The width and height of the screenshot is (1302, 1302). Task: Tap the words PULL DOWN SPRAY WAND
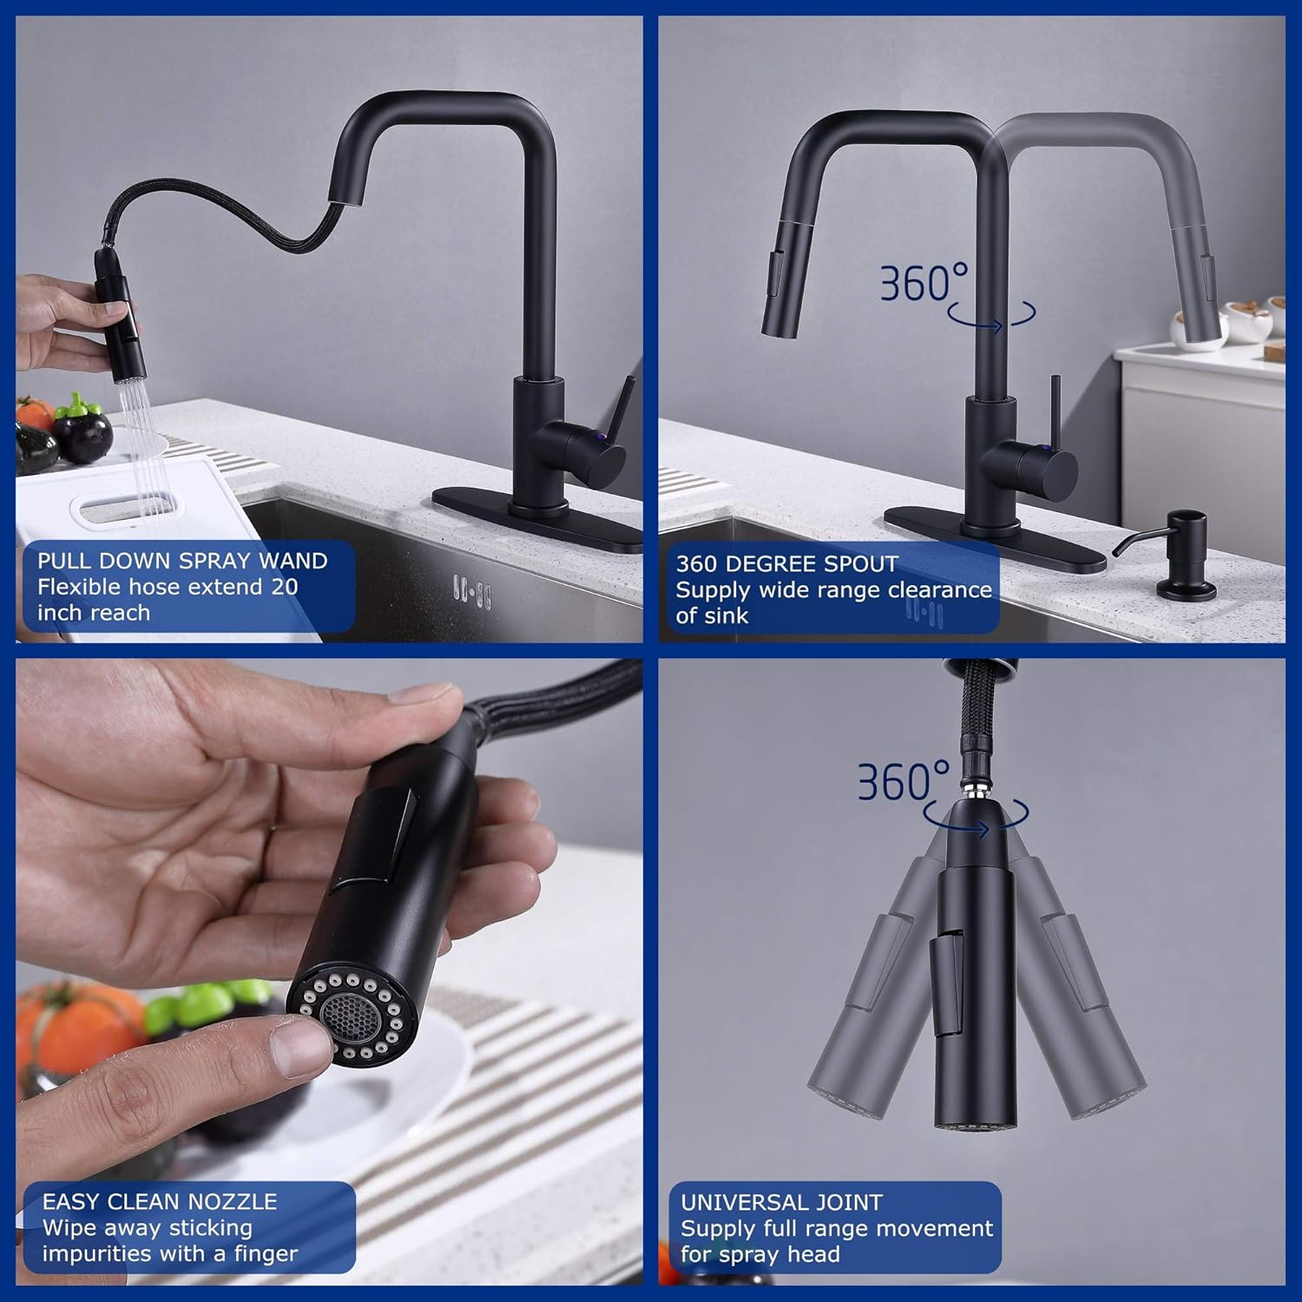pos(182,561)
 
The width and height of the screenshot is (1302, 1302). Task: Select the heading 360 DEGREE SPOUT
pos(786,564)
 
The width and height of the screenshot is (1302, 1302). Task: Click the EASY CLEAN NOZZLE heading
pos(160,1201)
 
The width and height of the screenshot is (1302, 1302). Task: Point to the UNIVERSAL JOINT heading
pos(781,1202)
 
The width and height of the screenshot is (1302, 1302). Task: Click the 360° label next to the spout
pos(924,283)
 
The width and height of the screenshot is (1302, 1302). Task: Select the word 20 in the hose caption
pos(285,587)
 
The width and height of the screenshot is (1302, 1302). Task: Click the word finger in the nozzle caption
pos(266,1253)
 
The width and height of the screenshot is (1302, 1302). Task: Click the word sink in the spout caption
pos(725,615)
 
